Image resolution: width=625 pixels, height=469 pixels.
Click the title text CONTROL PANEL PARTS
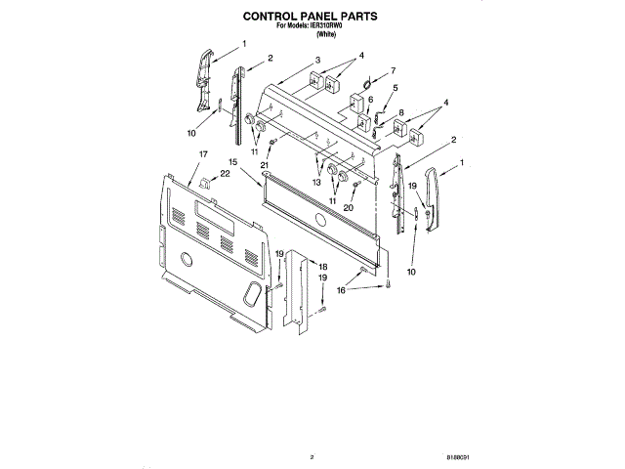[312, 17]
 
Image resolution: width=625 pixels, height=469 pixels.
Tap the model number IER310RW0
[333, 26]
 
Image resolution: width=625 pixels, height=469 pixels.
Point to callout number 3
[318, 62]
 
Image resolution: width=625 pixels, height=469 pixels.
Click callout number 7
[393, 70]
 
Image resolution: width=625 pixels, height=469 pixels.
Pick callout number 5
[395, 88]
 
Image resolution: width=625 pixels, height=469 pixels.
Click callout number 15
[233, 161]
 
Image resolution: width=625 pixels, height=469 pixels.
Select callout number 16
[341, 290]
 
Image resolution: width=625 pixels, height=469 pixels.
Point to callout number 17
[202, 155]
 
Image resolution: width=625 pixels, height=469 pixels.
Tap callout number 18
[324, 267]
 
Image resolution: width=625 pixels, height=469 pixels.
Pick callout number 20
[348, 206]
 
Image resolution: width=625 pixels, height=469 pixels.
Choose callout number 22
[225, 174]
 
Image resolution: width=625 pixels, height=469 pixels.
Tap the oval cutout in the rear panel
[253, 292]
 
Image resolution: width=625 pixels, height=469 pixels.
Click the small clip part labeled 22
[204, 182]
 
